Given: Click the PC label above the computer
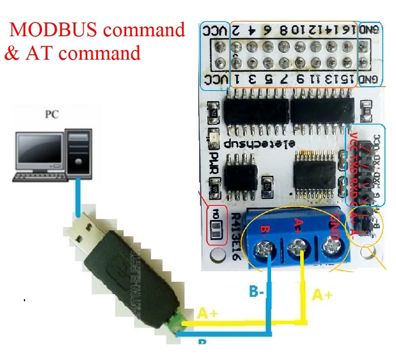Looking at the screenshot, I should (52, 115).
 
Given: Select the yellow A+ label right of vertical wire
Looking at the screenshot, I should (322, 295).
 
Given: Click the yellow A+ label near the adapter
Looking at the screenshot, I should (207, 314).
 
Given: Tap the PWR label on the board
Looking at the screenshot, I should (215, 163).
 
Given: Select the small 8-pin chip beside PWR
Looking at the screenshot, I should (241, 175).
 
